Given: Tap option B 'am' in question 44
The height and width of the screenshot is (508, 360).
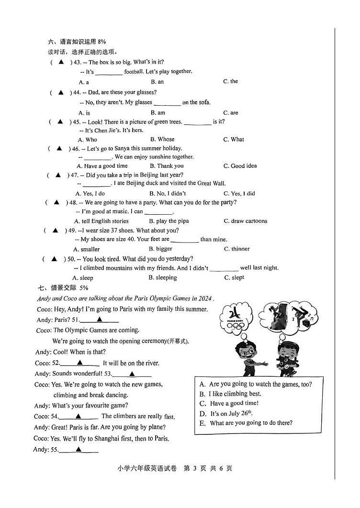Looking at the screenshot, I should click(x=157, y=113).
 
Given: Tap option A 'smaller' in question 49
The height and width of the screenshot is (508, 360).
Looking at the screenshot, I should click(x=86, y=249).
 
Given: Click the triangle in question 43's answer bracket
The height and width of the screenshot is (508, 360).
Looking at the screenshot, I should click(x=61, y=62).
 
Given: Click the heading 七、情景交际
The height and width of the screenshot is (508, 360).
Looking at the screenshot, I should click(x=63, y=288).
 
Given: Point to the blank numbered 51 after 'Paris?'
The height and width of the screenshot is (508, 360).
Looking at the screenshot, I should click(x=99, y=320).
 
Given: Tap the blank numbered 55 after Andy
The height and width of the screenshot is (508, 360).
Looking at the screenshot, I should click(x=79, y=450).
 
